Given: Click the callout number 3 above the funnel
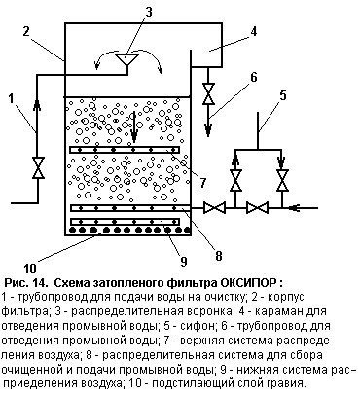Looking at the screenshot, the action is (148, 12).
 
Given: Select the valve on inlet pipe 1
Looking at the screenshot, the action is (38, 167).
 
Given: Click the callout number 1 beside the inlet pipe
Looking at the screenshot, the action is (12, 98).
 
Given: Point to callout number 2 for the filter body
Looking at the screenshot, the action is (26, 31).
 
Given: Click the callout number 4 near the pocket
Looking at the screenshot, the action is (253, 31).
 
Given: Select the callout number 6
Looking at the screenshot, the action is (253, 77).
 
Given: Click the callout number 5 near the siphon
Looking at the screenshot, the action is (283, 96).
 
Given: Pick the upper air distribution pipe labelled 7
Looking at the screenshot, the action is (125, 150).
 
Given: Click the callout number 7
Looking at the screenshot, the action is (203, 183).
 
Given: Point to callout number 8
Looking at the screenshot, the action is (219, 256).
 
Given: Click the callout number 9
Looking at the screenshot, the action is (184, 262).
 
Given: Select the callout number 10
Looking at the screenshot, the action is (30, 269).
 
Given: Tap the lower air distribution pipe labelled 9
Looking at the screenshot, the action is (125, 222).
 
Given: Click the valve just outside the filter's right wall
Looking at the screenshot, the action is (214, 207).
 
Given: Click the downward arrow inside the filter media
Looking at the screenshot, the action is (133, 126).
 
